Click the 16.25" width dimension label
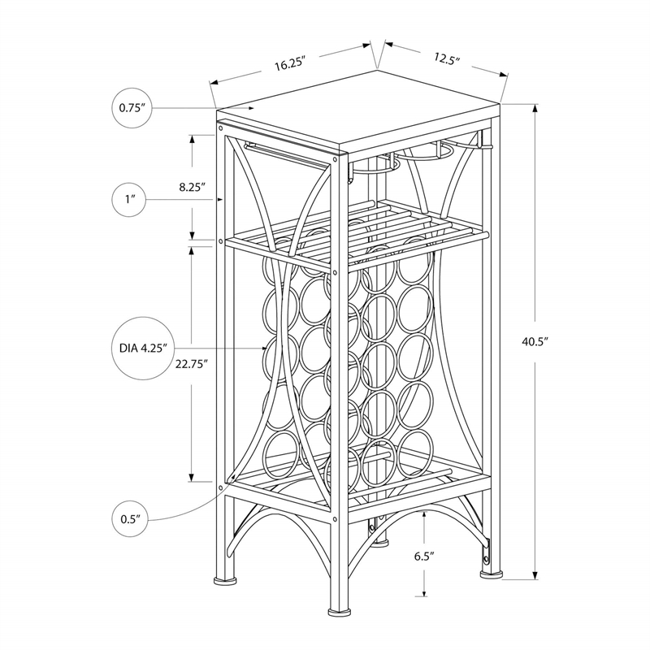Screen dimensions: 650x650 [289, 65]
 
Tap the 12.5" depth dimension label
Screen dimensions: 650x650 [447, 58]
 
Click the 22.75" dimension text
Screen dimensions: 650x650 [192, 364]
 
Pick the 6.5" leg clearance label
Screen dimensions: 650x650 [423, 557]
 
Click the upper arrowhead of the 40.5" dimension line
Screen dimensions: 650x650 [535, 110]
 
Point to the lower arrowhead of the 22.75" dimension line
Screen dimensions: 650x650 [193, 478]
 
